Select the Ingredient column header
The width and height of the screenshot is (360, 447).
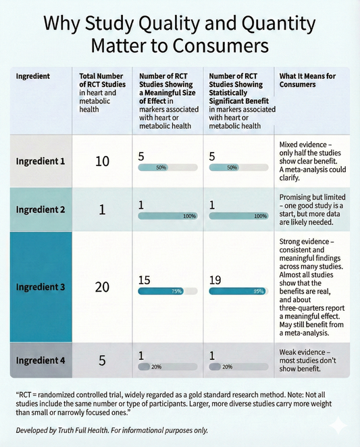(x=32, y=76)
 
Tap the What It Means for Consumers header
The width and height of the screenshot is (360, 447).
(x=307, y=80)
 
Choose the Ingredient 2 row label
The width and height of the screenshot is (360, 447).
(x=40, y=209)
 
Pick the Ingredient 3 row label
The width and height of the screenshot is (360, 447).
(x=40, y=286)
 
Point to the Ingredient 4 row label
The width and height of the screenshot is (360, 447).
(x=40, y=360)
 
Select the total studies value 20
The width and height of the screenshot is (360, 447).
(x=102, y=286)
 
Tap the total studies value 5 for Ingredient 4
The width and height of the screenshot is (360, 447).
(x=102, y=360)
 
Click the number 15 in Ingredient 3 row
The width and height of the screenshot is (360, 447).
(x=144, y=279)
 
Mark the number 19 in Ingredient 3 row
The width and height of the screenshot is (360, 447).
(x=216, y=279)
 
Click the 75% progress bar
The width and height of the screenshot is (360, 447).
(x=167, y=292)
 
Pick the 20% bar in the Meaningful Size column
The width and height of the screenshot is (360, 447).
(x=167, y=367)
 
